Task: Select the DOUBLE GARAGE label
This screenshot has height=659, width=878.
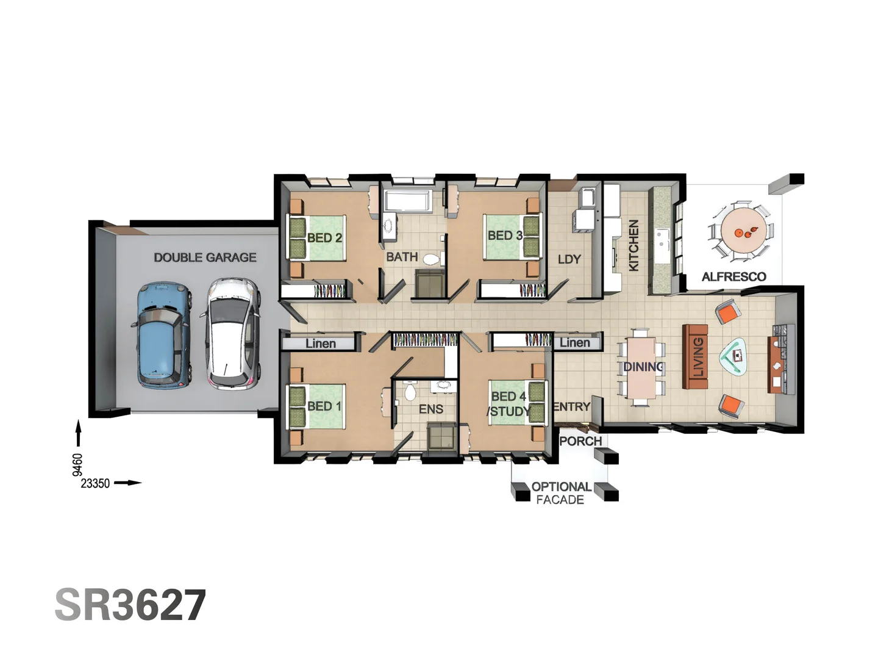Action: pyautogui.click(x=205, y=257)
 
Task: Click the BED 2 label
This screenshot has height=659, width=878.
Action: pyautogui.click(x=324, y=237)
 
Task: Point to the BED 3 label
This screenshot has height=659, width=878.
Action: pyautogui.click(x=505, y=236)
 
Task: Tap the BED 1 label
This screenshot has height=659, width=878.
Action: pyautogui.click(x=324, y=406)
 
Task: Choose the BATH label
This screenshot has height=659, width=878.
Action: pyautogui.click(x=402, y=257)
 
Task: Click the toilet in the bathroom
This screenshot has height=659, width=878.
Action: pyautogui.click(x=431, y=259)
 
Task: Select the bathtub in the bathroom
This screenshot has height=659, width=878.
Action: pyautogui.click(x=408, y=201)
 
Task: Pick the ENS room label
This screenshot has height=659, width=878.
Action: pyautogui.click(x=430, y=409)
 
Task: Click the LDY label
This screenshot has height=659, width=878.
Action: pyautogui.click(x=569, y=259)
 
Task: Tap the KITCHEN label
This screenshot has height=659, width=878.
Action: pyautogui.click(x=634, y=245)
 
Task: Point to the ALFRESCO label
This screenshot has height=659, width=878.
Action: pyautogui.click(x=733, y=276)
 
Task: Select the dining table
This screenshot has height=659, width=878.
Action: pyautogui.click(x=641, y=367)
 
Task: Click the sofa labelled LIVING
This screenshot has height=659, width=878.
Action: pyautogui.click(x=696, y=357)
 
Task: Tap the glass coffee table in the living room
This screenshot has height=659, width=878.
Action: pyautogui.click(x=735, y=356)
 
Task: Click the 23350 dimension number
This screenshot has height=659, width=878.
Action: pyautogui.click(x=95, y=483)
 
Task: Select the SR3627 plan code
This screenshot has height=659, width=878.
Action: pyautogui.click(x=130, y=605)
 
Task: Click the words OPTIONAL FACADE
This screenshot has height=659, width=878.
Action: pyautogui.click(x=561, y=493)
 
